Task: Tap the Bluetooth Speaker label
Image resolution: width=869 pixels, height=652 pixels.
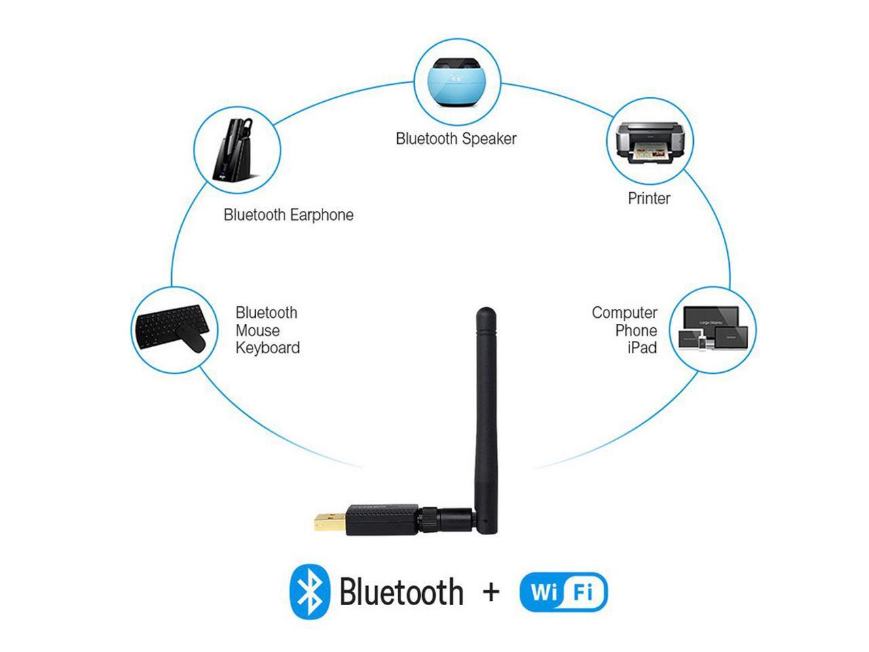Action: tap(456, 139)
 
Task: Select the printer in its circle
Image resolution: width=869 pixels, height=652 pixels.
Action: tap(650, 141)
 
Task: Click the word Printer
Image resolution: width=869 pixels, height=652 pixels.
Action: tap(649, 198)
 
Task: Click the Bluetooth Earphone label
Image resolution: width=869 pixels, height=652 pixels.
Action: tap(289, 215)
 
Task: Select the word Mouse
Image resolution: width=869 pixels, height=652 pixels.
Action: tap(257, 331)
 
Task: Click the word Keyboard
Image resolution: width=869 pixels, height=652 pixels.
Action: tap(267, 348)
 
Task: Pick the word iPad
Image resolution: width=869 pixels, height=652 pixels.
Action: tap(642, 348)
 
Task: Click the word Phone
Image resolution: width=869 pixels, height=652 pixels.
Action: tap(636, 331)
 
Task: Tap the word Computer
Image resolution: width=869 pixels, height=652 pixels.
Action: tap(625, 313)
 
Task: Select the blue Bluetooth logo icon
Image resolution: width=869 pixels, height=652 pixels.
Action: tap(310, 592)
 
